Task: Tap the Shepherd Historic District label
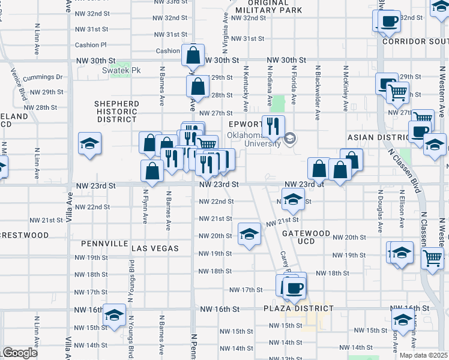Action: [x=116, y=111]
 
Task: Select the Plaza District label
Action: [x=298, y=308]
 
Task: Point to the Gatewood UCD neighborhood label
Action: [x=314, y=237]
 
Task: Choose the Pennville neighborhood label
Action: [x=103, y=244]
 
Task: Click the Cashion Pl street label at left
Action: [x=90, y=45]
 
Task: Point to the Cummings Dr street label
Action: [x=43, y=77]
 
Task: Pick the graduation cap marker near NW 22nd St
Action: [x=292, y=199]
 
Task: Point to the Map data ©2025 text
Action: [x=424, y=355]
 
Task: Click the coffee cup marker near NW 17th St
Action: [x=294, y=287]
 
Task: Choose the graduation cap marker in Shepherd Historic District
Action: [x=89, y=143]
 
